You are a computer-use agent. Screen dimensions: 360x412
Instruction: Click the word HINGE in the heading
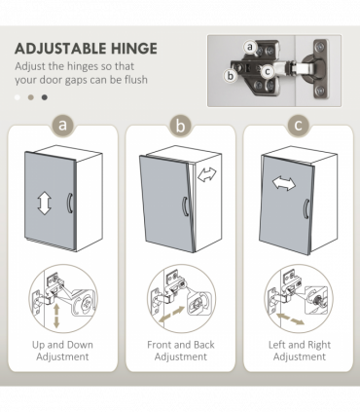click(134, 49)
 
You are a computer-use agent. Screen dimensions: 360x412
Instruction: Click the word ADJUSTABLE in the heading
click(61, 49)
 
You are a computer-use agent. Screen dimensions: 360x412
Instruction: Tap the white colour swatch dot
click(18, 97)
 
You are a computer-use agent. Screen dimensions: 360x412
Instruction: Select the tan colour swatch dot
click(31, 97)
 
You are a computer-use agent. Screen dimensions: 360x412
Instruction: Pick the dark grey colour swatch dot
click(45, 97)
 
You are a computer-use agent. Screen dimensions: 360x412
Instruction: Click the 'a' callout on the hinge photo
click(250, 47)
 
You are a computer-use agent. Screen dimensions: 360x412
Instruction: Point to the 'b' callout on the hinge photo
click(231, 76)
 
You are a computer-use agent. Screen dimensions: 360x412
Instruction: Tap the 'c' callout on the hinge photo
click(268, 71)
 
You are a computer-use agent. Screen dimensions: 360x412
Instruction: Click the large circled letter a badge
click(63, 125)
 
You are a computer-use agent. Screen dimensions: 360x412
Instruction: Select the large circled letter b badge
click(180, 126)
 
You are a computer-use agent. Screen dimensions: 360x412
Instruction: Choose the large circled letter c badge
click(298, 126)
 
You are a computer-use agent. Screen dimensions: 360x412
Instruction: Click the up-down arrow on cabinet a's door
click(44, 203)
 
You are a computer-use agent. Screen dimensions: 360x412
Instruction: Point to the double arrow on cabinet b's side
click(207, 174)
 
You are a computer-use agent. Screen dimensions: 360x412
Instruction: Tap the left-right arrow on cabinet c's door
click(284, 183)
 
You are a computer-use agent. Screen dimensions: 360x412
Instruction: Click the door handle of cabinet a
click(70, 203)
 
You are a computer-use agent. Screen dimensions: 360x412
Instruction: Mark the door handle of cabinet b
click(185, 206)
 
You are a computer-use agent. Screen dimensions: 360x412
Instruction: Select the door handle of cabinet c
click(306, 208)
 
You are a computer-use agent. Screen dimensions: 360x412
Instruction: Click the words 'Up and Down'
click(62, 345)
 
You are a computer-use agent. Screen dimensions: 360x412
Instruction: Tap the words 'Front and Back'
click(181, 345)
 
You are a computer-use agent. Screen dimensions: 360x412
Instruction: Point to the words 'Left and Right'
click(300, 345)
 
